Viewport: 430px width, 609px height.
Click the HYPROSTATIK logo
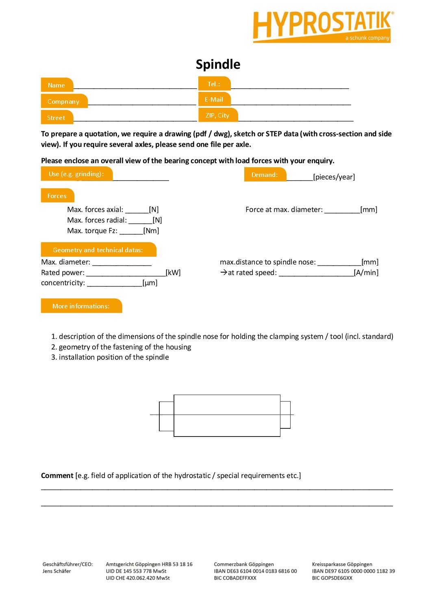323,26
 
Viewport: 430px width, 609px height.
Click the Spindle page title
218,64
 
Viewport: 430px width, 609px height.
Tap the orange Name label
57,85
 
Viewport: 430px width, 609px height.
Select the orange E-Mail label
214,100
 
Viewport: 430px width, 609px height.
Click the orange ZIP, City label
217,116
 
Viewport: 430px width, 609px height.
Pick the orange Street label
56,118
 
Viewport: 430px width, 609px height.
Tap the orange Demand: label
265,175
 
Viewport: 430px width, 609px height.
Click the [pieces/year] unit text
334,177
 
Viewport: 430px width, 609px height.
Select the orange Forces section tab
57,196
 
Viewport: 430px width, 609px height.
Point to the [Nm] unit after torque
151,231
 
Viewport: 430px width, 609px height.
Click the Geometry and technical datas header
98,250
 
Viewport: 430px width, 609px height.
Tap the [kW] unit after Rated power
173,273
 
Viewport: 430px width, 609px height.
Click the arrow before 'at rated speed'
224,273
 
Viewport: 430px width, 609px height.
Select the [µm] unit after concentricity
150,283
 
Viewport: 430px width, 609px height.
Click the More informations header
81,306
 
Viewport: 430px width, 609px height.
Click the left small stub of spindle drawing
166,416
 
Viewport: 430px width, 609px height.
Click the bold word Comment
57,476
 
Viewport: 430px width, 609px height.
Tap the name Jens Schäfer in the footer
57,571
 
